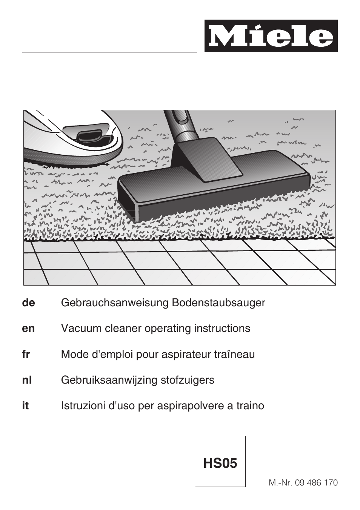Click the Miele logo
pyautogui.click(x=271, y=36)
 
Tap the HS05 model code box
pyautogui.click(x=220, y=461)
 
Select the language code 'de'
pyautogui.click(x=28, y=303)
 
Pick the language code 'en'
pyautogui.click(x=28, y=329)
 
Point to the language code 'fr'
pyautogui.click(x=26, y=355)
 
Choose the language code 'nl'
pyautogui.click(x=27, y=380)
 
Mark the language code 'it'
pyautogui.click(x=25, y=406)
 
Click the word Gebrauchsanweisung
pyautogui.click(x=115, y=303)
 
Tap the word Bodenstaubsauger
pyautogui.click(x=218, y=303)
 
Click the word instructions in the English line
pyautogui.click(x=222, y=329)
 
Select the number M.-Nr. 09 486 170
pyautogui.click(x=303, y=482)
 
